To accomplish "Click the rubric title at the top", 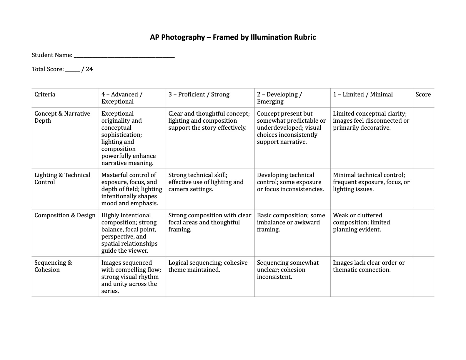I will (233, 37).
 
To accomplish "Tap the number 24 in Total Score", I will (89, 69).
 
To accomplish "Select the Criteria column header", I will (45, 94).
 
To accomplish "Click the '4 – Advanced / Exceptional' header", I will (122, 98).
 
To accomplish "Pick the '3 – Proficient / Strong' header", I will (199, 94).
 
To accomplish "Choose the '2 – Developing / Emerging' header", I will (279, 98).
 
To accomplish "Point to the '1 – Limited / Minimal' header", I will (363, 94).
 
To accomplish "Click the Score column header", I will (423, 94).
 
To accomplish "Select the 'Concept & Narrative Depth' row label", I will (62, 117).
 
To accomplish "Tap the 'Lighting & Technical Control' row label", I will (62, 179).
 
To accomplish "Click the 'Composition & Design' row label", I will (65, 215).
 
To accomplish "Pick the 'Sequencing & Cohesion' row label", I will (53, 266).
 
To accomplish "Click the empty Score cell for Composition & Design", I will (423, 233).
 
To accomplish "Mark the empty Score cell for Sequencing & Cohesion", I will (423, 276).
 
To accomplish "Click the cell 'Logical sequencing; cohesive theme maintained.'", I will (208, 266).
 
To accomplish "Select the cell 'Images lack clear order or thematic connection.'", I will (369, 266).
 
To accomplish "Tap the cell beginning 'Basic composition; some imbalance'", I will (291, 222).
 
